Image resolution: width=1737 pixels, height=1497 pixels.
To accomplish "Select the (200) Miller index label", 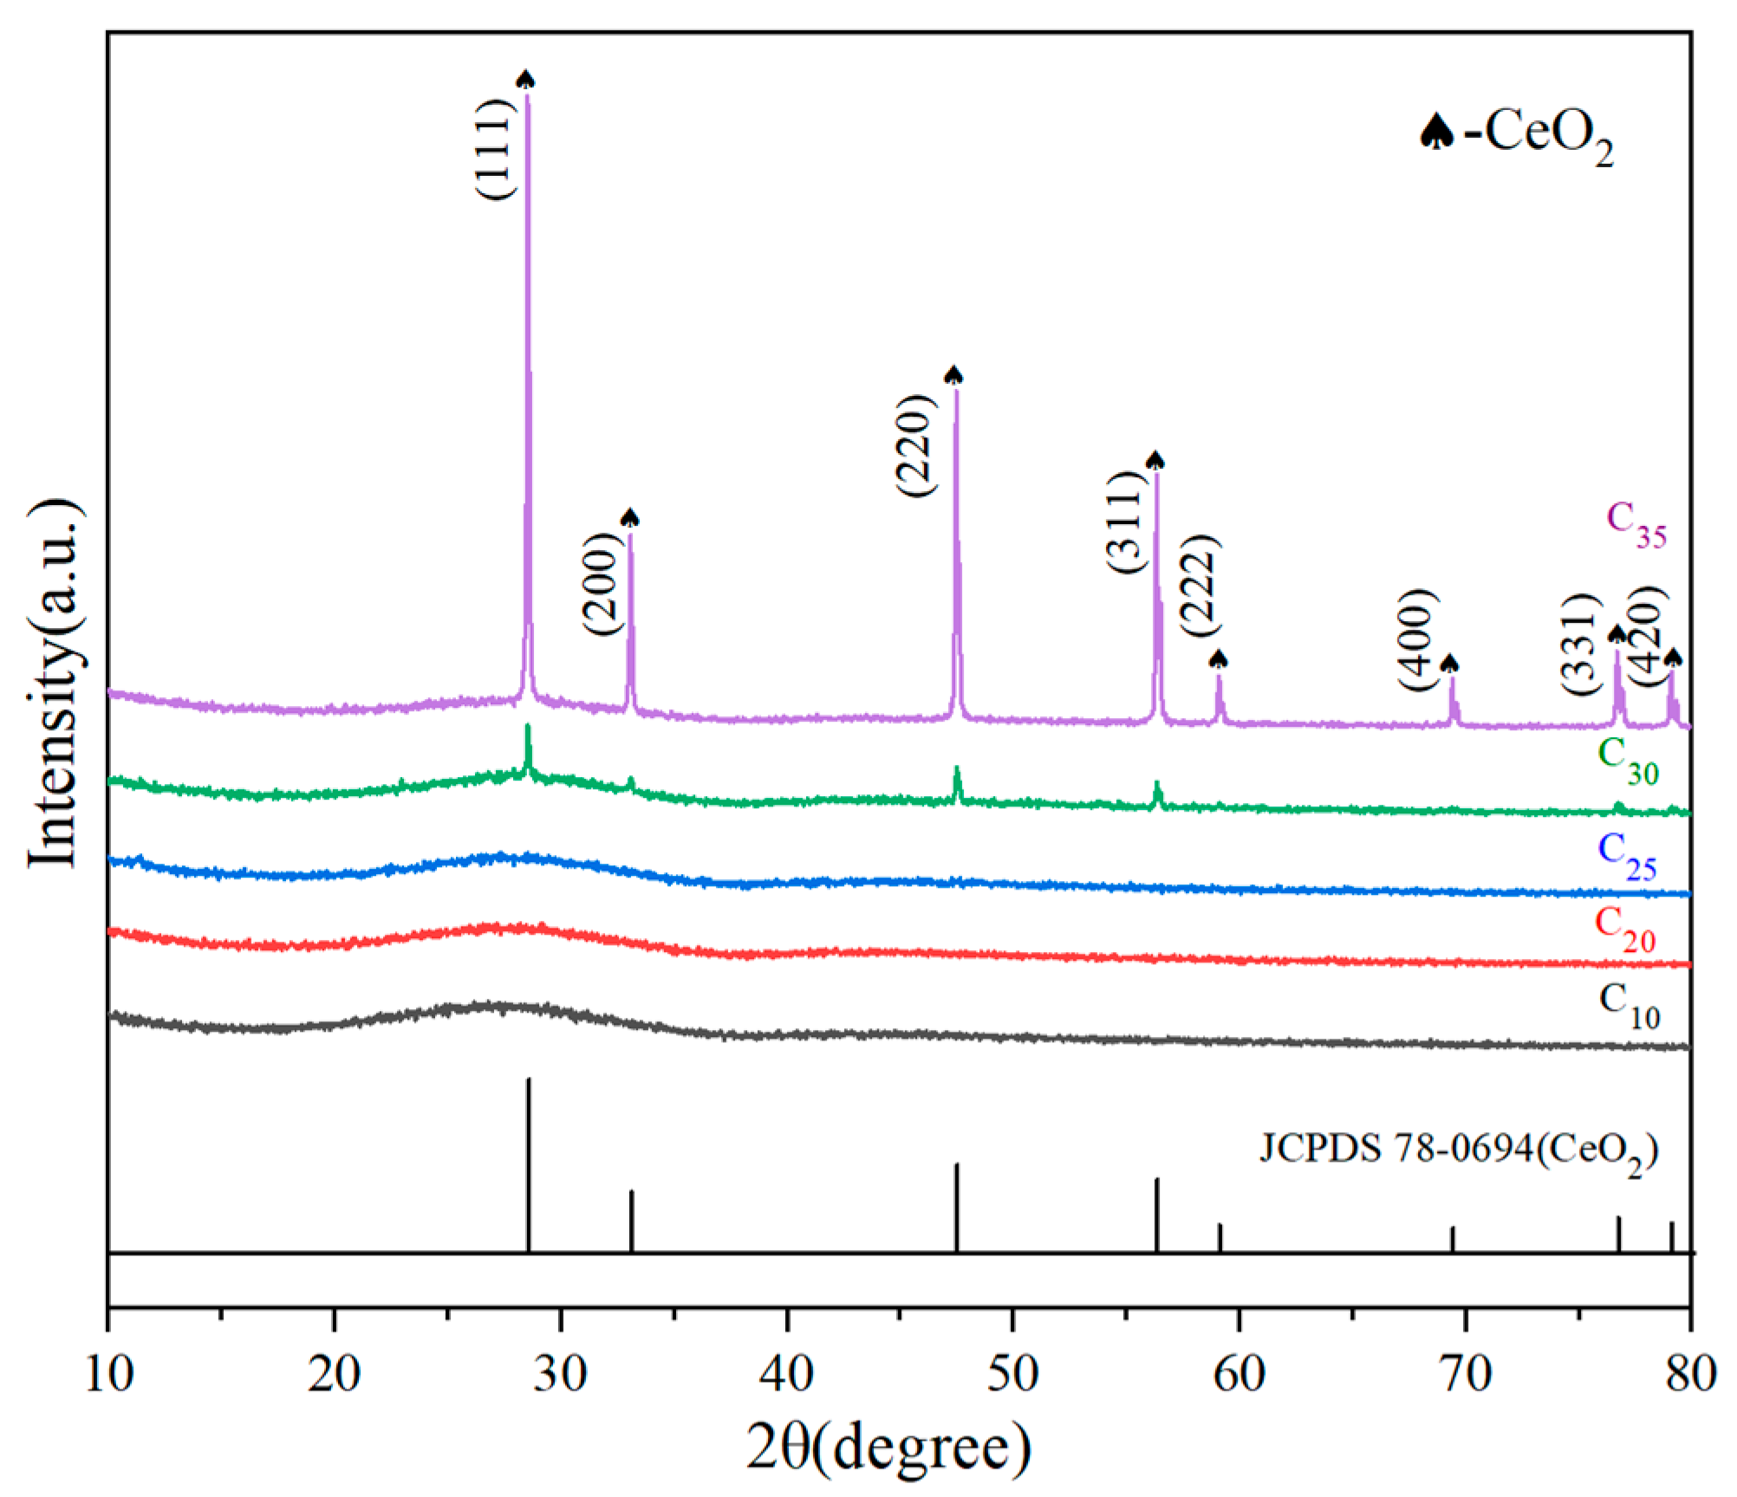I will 602,584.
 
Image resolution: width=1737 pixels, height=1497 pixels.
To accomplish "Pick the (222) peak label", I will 1200,586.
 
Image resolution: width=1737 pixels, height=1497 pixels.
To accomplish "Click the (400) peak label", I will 1418,639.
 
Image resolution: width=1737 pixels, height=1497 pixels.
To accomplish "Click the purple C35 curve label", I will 1636,524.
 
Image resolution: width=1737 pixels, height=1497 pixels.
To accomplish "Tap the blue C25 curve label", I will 1627,857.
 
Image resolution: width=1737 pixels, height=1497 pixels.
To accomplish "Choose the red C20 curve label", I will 1625,930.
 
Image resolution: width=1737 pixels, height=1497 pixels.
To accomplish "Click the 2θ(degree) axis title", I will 889,1447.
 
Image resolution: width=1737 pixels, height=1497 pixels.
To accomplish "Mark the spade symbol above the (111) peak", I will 525,80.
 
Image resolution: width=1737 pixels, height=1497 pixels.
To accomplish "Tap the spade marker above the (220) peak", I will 953,375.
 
